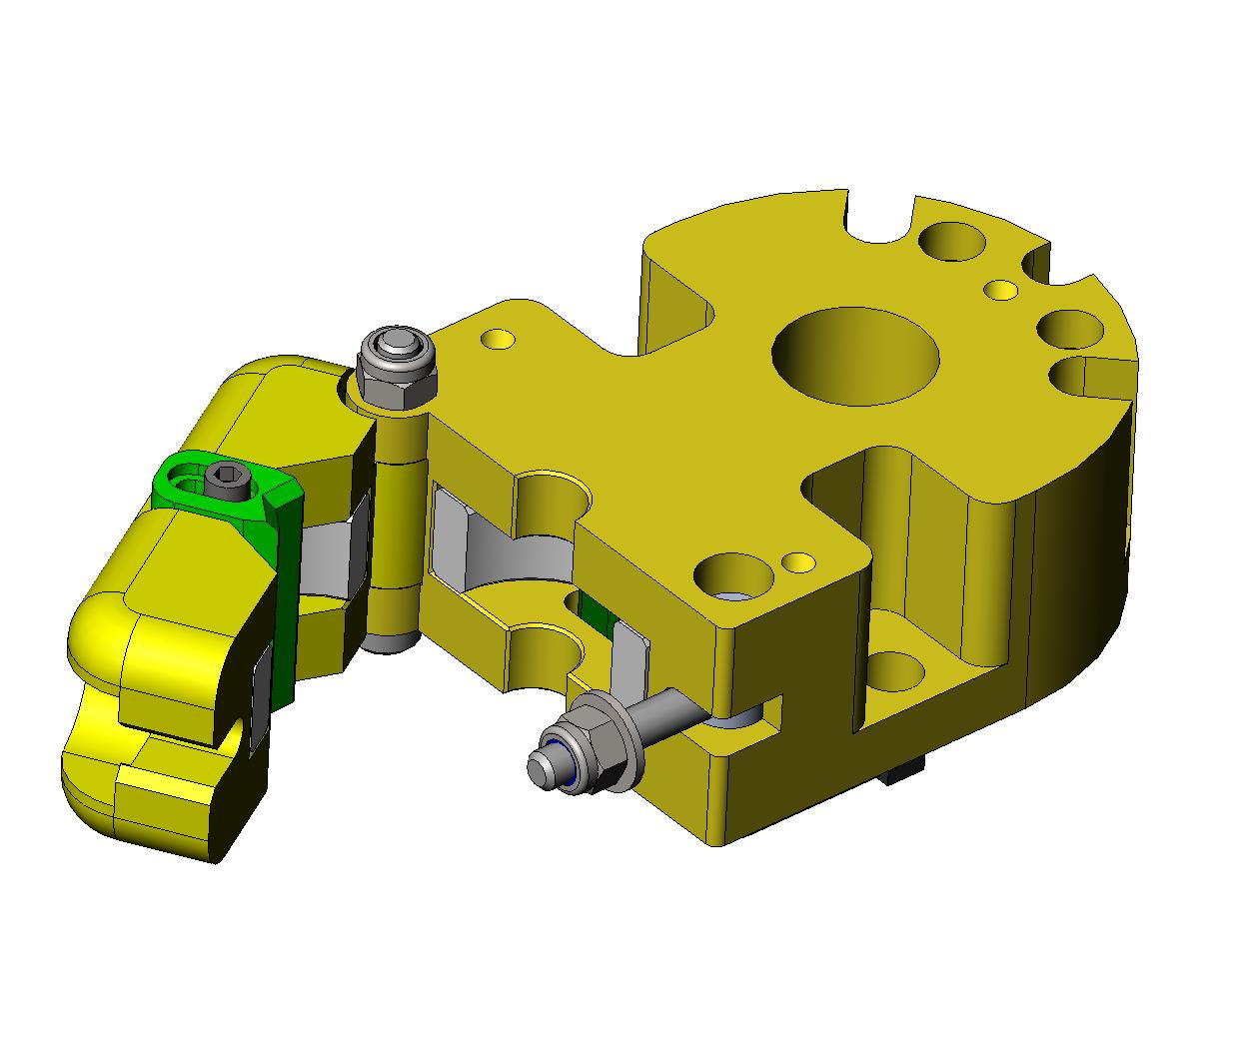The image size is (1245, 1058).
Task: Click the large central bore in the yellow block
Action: point(856,355)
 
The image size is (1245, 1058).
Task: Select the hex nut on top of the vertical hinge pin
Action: point(397,375)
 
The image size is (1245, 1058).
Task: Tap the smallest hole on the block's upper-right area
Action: point(1000,290)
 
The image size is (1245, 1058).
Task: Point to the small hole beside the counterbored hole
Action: point(797,561)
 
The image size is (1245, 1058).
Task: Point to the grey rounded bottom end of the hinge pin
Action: point(388,639)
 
